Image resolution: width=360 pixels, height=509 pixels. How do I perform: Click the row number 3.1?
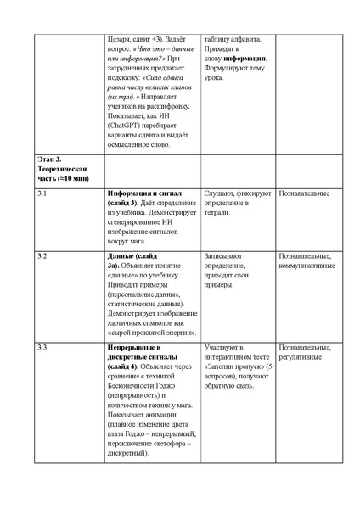click(42, 194)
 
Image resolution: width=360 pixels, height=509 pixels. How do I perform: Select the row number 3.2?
click(42, 255)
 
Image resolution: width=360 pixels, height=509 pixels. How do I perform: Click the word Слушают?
click(222, 194)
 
